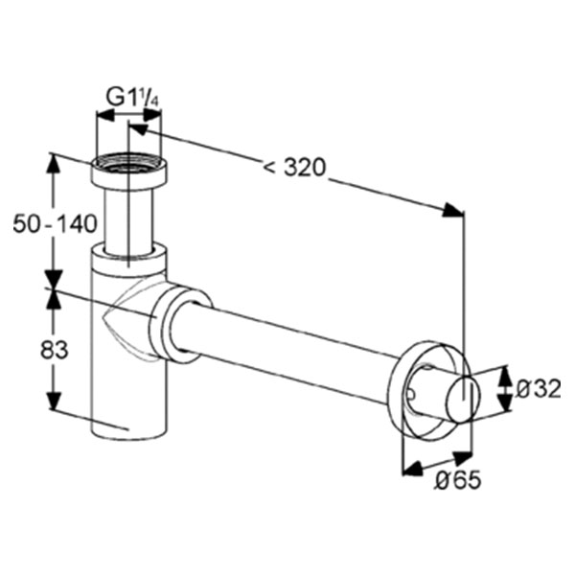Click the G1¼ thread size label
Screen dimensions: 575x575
pyautogui.click(x=133, y=98)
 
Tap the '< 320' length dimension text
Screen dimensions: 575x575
pyautogui.click(x=294, y=168)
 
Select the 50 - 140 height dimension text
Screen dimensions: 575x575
pyautogui.click(x=55, y=224)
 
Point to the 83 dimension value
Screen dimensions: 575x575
pyautogui.click(x=55, y=350)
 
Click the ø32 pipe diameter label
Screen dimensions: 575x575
pyautogui.click(x=538, y=389)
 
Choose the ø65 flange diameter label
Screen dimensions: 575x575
pyautogui.click(x=458, y=480)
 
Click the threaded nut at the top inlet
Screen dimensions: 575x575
pyautogui.click(x=129, y=172)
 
